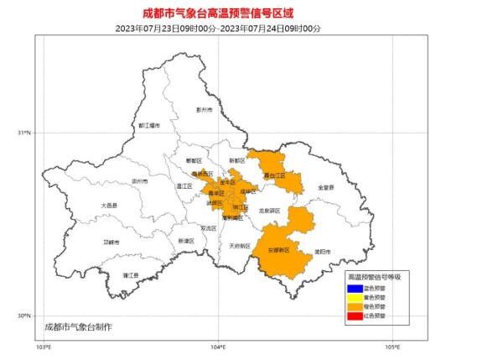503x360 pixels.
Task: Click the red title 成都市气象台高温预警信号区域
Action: click(x=251, y=11)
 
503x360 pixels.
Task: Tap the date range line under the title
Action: click(x=251, y=27)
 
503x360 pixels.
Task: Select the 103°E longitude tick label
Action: click(x=44, y=346)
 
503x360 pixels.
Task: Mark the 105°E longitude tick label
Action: click(x=392, y=346)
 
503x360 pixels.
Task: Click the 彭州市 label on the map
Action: click(x=205, y=110)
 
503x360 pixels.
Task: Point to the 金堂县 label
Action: click(x=325, y=187)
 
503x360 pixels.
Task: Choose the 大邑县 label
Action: click(x=110, y=205)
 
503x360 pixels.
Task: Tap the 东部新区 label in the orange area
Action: click(x=278, y=250)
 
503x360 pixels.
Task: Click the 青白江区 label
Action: click(x=274, y=175)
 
